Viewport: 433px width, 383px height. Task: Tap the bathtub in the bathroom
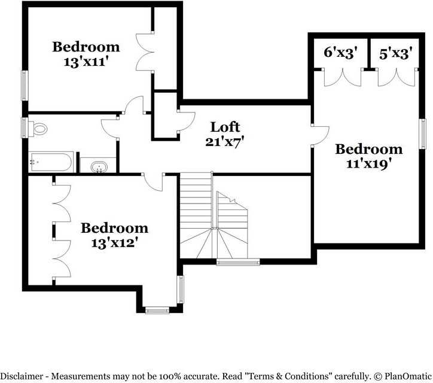51,162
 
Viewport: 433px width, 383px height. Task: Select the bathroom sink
98,166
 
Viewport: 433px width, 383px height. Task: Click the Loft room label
225,127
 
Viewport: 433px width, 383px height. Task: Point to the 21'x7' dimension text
225,142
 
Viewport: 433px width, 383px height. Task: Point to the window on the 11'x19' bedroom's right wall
422,133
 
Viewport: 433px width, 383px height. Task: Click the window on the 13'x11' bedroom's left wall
25,85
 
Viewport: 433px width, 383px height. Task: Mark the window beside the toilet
25,127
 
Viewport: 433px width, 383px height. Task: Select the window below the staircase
237,261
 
